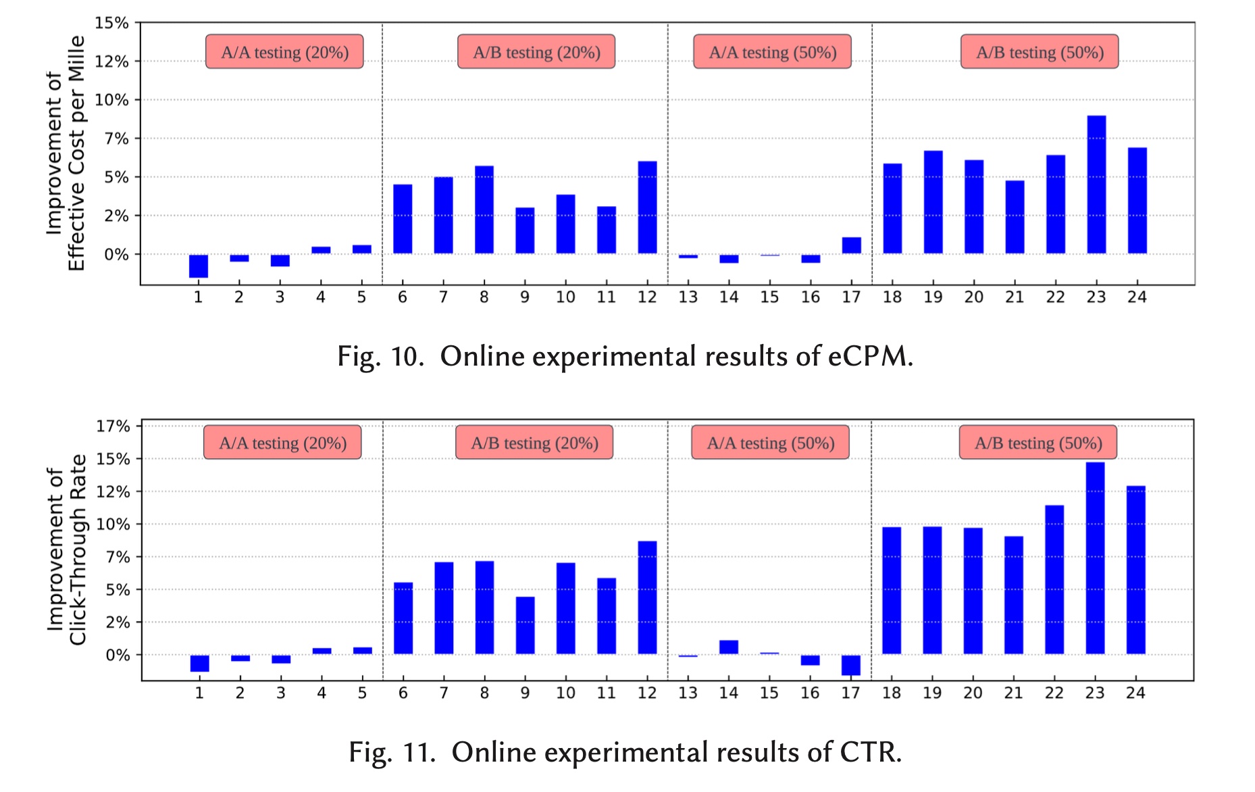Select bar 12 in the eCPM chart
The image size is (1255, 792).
(647, 207)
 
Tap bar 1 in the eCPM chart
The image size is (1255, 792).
(199, 266)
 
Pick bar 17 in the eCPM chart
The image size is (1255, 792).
(851, 245)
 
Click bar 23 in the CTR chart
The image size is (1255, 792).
(1095, 558)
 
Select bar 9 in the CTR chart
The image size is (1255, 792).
(525, 625)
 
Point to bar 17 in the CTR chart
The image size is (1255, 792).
(850, 665)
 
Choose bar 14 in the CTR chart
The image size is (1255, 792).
(728, 647)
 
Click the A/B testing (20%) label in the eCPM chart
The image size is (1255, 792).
(536, 52)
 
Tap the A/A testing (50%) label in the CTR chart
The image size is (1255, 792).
(770, 443)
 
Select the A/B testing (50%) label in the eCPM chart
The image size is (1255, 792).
(1040, 52)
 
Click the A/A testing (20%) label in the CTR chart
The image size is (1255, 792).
(282, 443)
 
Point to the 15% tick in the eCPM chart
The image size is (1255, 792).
(111, 23)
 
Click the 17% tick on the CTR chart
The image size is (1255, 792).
(113, 426)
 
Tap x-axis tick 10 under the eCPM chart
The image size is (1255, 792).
(565, 297)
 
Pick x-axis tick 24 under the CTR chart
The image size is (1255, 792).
(1135, 693)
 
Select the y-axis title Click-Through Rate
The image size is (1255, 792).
(78, 549)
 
